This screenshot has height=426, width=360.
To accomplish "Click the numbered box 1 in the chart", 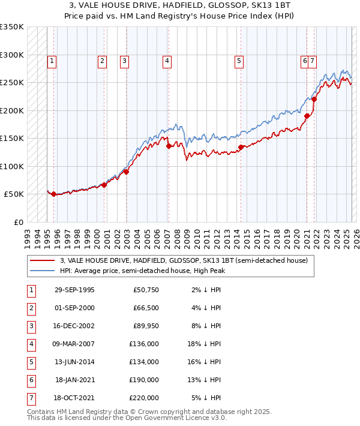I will coord(52,60).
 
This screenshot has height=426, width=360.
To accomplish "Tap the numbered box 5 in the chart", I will coord(239,60).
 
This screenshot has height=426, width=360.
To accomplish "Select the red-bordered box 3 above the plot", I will coord(124,60).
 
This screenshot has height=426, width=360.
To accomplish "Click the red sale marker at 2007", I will coord(169,146).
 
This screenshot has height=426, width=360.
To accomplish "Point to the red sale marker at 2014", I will coord(241,147).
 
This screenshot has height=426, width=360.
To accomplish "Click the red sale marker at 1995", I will coord(54,194).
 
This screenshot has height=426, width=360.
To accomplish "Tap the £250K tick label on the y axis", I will coord(12,82).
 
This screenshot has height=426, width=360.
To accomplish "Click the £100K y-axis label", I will coord(12,166).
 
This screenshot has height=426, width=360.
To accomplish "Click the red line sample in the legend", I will coord(42,260).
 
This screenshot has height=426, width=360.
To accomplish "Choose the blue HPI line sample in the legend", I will coord(42,271).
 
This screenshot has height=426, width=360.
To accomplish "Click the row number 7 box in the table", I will coord(29,397).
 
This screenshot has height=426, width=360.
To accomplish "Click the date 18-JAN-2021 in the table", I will coord(74,380).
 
